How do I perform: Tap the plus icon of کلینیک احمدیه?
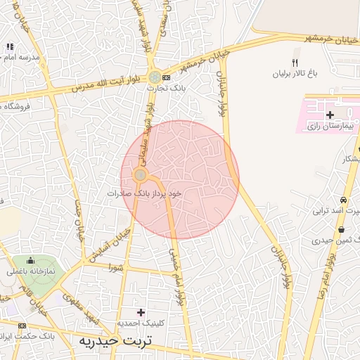coord(141,311)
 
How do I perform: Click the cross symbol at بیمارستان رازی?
coord(330,114)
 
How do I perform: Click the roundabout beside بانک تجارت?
coord(154,77)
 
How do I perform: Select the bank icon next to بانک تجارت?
coord(166,77)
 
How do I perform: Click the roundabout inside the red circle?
coord(141,174)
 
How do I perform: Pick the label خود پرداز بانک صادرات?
coord(145,192)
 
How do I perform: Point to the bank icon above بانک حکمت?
coord(22,326)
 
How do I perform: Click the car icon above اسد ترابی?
coord(342,200)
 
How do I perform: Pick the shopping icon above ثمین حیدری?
coord(342,230)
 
